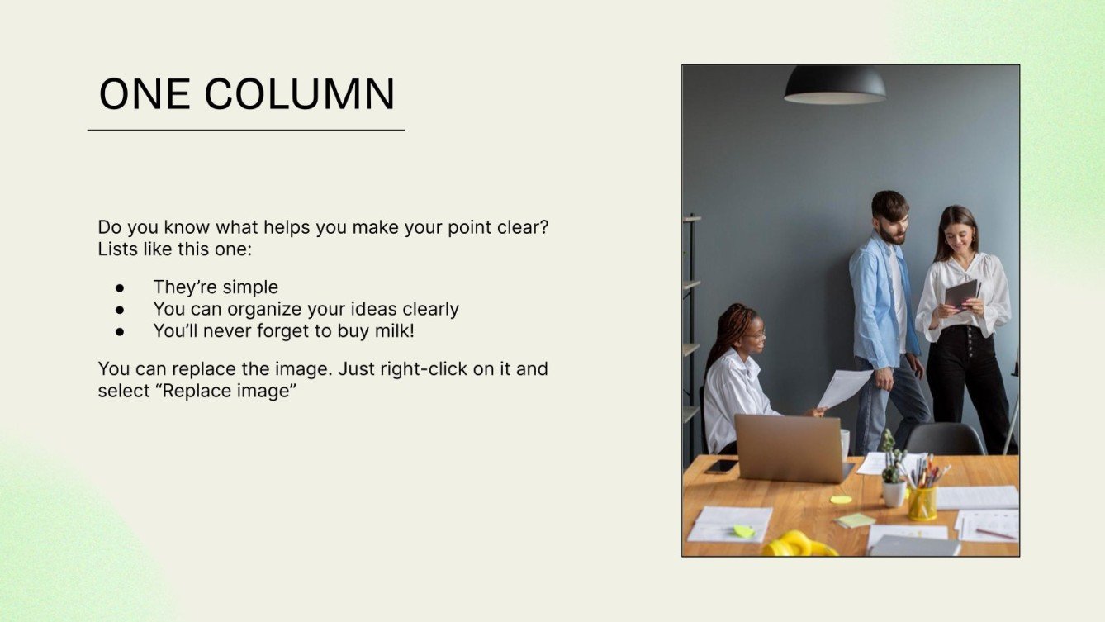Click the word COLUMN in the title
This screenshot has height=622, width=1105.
coord(300,94)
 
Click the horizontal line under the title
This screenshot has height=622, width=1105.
coord(246,130)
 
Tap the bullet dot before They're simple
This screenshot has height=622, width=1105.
coord(120,287)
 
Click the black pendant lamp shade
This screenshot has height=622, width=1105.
coord(835,85)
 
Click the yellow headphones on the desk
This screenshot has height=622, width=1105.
coord(798,544)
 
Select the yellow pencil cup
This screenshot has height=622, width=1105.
coord(922,502)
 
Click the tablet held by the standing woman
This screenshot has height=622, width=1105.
coord(962,293)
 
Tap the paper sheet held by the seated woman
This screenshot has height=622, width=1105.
coord(843,387)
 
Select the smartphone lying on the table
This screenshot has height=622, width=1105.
coord(722,466)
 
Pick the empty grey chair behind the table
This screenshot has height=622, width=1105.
coord(946,439)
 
